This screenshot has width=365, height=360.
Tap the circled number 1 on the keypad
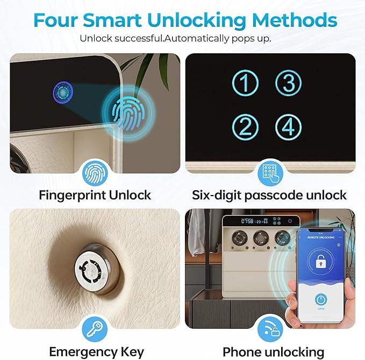(x=245, y=83)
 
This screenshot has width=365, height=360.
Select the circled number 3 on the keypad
(x=289, y=83)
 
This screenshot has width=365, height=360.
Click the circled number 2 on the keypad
(x=245, y=127)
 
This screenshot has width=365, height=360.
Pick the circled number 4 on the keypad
(x=289, y=127)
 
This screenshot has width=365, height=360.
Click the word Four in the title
(x=55, y=20)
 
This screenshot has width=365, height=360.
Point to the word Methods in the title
(x=295, y=20)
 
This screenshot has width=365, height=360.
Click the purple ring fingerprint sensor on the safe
(x=62, y=92)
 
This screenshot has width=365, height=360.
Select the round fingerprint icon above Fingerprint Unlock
(x=95, y=174)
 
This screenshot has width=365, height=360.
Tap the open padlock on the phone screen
(x=321, y=261)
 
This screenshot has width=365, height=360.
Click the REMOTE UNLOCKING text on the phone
(x=321, y=237)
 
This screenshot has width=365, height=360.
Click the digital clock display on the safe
(x=254, y=221)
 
